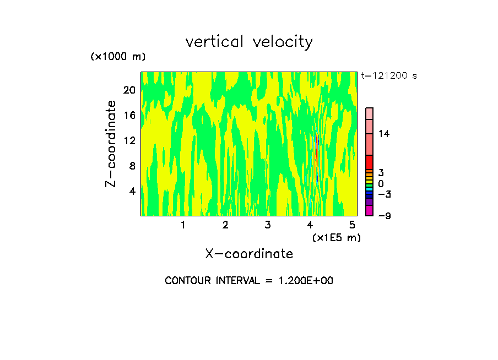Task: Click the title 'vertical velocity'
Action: click(249, 42)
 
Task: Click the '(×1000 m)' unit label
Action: click(118, 57)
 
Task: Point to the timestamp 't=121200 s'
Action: click(388, 76)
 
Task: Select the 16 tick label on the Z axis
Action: click(129, 115)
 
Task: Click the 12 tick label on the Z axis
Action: click(129, 140)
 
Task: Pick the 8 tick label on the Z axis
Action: click(132, 166)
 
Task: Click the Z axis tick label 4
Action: click(132, 191)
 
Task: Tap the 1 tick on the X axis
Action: click(183, 225)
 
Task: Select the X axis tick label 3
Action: click(268, 225)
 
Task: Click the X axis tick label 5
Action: click(352, 225)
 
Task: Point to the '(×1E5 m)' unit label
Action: click(336, 238)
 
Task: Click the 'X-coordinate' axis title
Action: click(249, 254)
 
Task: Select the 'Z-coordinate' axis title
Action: click(112, 144)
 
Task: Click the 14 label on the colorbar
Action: click(384, 134)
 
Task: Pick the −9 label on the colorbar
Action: click(384, 216)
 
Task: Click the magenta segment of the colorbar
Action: click(370, 211)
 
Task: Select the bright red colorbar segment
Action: click(370, 162)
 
